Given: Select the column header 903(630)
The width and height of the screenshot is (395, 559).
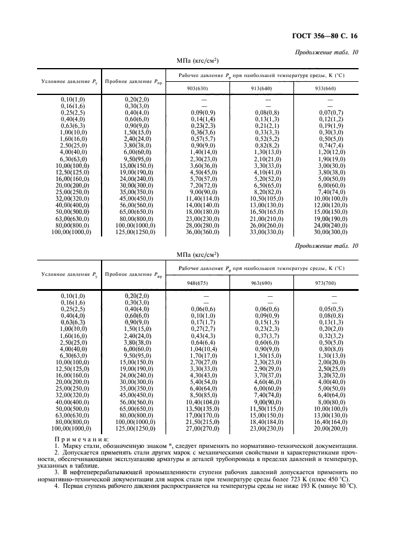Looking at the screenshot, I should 197,88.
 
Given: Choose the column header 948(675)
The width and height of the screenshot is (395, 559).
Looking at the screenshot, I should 197,284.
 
